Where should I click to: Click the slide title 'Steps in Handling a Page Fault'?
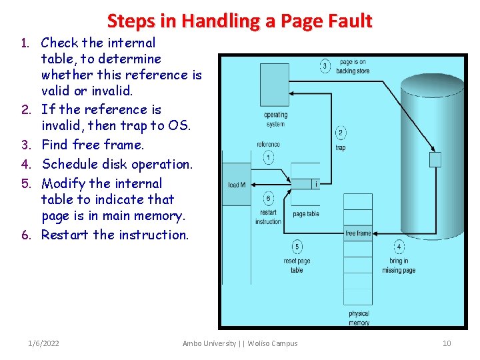click(239, 21)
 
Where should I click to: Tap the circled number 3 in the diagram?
click(325, 66)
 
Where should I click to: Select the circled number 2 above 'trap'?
click(341, 133)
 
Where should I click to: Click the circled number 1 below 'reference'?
click(268, 157)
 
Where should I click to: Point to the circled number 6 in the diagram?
click(268, 198)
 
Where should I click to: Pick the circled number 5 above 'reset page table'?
click(297, 247)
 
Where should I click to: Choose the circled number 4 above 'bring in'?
click(399, 247)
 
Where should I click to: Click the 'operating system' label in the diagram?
click(275, 119)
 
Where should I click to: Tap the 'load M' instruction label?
click(237, 185)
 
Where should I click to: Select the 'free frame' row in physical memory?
click(358, 233)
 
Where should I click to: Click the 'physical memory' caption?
click(359, 318)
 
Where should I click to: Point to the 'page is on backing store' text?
click(353, 66)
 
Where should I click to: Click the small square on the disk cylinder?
click(435, 159)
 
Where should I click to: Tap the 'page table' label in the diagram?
click(306, 214)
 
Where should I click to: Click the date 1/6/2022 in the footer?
click(43, 343)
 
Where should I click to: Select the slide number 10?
click(447, 343)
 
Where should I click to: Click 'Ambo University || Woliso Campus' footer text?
click(240, 343)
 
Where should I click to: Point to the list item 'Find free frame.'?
click(93, 145)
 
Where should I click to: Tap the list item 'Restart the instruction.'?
click(115, 235)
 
